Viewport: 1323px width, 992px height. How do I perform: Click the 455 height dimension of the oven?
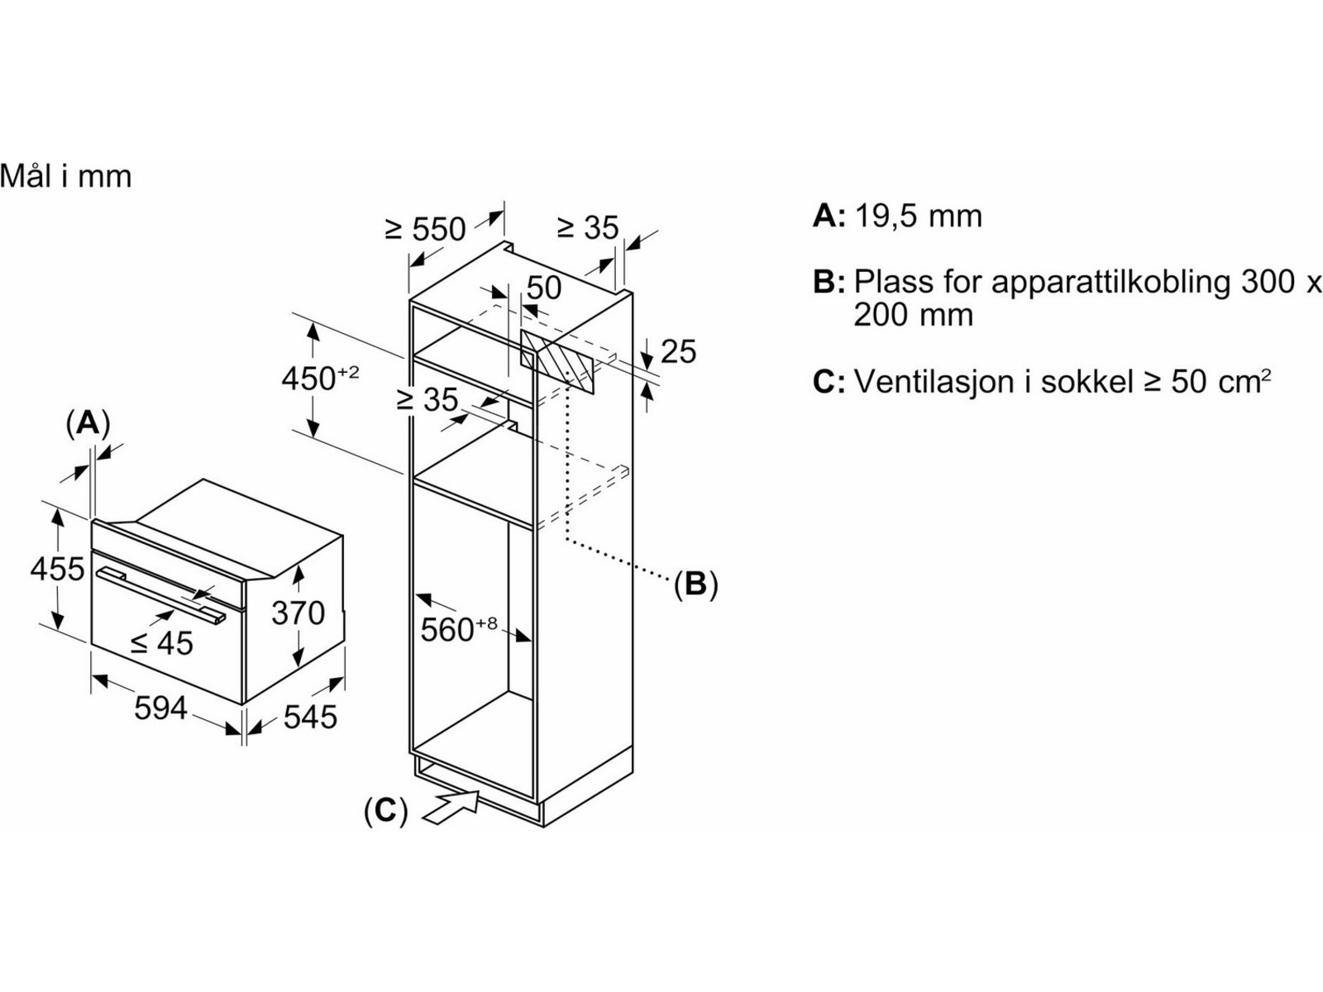point(57,570)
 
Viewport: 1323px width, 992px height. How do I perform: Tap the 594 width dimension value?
point(160,708)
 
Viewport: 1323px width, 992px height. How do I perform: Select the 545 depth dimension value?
point(310,717)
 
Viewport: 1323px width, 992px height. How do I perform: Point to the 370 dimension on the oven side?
point(298,613)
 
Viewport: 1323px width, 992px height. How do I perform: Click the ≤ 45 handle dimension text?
point(161,643)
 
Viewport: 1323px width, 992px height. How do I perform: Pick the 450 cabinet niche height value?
point(320,378)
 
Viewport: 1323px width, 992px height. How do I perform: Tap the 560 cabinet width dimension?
point(458,629)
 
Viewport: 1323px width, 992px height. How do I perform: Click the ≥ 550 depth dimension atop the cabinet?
point(426,228)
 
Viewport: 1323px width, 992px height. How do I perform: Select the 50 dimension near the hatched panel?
point(543,288)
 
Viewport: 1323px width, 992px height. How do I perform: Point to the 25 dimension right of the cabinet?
point(678,352)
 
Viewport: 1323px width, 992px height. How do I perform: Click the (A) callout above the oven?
point(88,424)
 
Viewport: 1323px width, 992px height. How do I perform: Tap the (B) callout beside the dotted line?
point(695,584)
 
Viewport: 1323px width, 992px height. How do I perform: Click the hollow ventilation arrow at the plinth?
point(451,806)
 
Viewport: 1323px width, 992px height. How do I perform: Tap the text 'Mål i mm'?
point(65,176)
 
